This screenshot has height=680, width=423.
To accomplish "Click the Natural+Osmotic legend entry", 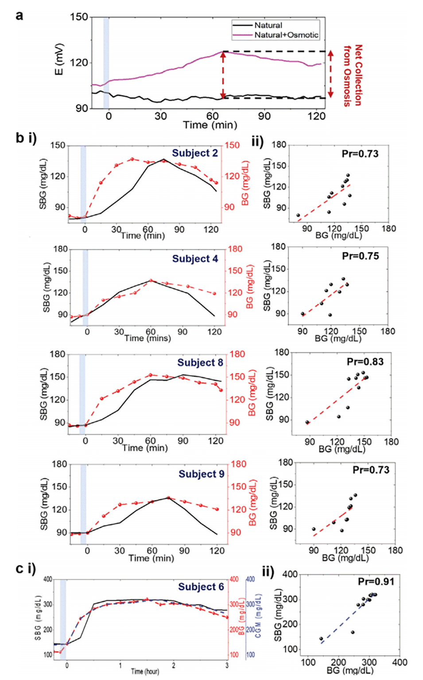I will coord(286,35).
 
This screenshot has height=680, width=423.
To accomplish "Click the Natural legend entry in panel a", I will coord(268,25).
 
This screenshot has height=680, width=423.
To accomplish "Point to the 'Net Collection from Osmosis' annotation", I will coord(353,75).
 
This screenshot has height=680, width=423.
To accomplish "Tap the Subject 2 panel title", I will coord(195,153).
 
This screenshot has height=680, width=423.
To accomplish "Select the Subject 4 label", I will coord(195,259).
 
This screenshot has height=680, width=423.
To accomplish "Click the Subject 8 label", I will coord(200,362).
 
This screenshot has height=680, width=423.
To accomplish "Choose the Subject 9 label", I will coord(202,474).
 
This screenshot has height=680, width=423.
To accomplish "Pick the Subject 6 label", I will coord(201,587).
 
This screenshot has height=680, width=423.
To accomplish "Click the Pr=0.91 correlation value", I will coord(376,582).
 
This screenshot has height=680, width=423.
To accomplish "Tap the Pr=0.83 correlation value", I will coord(365,362).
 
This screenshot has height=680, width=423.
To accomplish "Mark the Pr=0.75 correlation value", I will coord(361,256).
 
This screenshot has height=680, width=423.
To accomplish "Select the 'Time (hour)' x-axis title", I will coord(145,672).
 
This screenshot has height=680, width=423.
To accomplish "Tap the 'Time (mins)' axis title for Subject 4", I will coord(147,338).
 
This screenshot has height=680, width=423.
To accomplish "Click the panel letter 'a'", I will coord(19,16).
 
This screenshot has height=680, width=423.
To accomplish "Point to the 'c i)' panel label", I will coord(26,569).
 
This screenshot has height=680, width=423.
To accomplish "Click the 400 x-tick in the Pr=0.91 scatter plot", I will coord(400,662).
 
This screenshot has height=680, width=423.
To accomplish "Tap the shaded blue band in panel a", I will coord(106,62).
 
